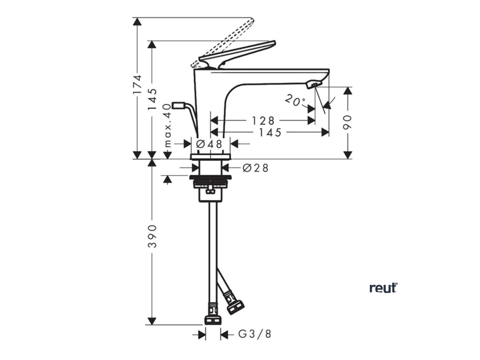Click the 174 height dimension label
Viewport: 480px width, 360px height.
pos(137,85)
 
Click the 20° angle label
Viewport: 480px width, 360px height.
pos(295,101)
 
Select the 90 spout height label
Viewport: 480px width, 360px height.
pos(347,122)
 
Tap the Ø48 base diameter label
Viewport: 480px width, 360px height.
pos(209,144)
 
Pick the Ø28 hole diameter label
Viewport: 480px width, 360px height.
pos(256,168)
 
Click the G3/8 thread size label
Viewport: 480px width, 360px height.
pos(255,334)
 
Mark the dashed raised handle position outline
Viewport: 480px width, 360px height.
pos(225,41)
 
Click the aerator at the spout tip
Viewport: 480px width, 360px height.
pos(312,84)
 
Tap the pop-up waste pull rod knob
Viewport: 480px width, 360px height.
pos(179,105)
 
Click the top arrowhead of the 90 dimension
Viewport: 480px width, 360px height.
pos(347,91)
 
